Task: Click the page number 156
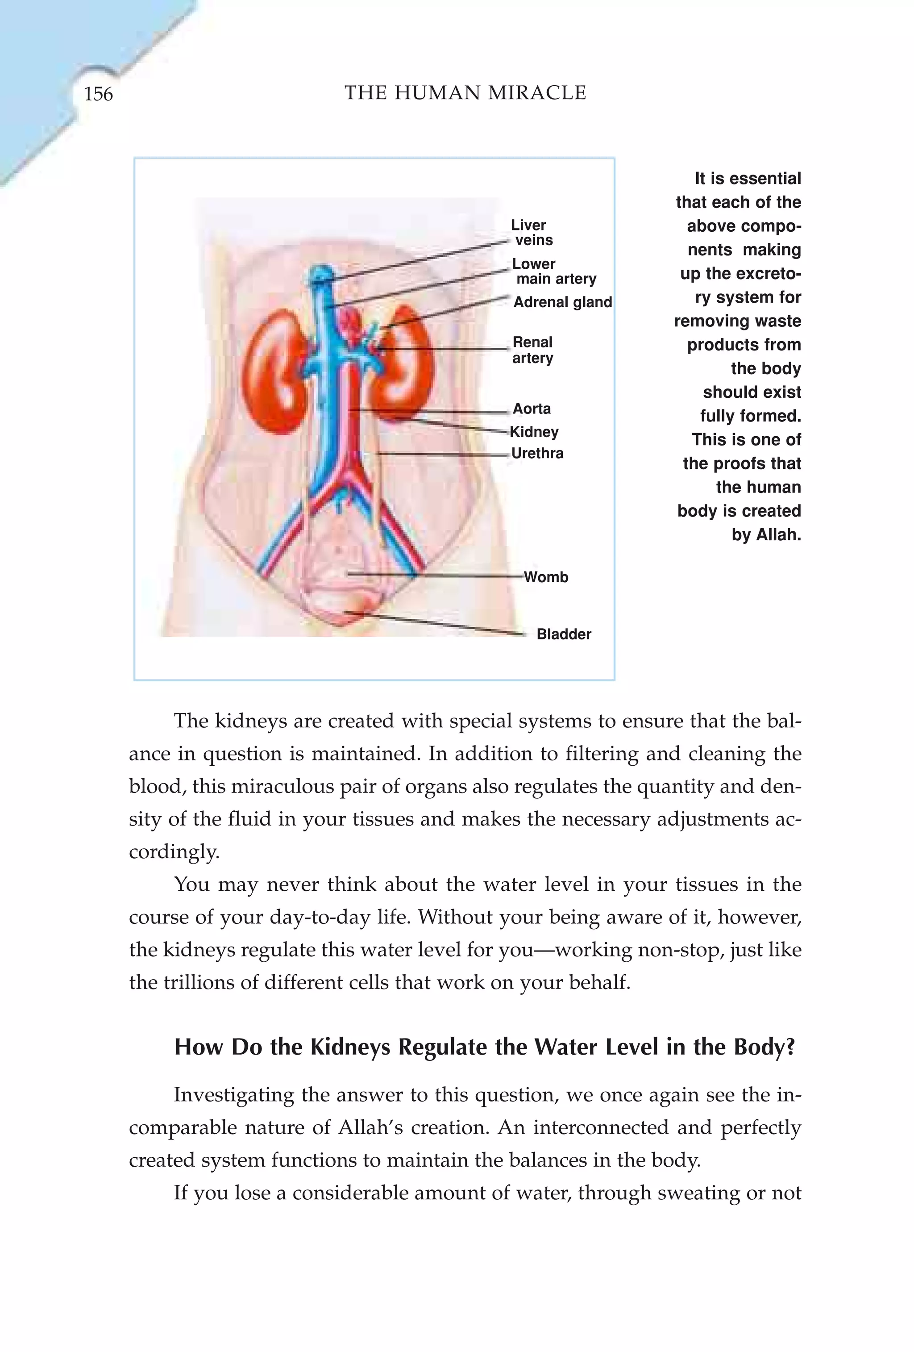98,94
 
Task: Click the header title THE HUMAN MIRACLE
465,92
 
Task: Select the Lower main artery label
553,271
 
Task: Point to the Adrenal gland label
562,302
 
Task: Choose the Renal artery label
532,350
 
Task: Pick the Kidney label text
534,432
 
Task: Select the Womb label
545,577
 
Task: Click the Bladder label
563,634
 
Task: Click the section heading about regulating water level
484,1047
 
